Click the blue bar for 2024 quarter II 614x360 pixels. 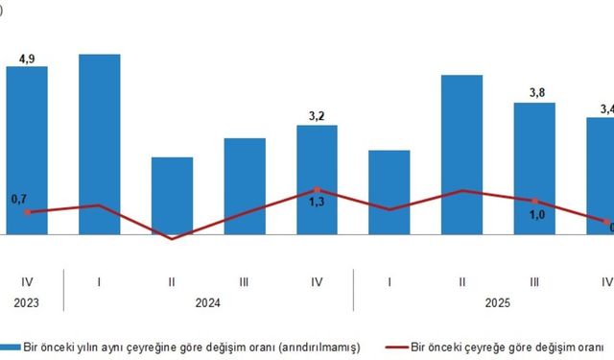172,196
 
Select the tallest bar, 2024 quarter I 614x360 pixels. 99,144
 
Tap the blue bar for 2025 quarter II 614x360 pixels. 462,155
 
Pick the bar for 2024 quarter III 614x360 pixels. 245,186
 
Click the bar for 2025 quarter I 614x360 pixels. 390,192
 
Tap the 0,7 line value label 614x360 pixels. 20,199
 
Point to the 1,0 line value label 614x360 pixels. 536,215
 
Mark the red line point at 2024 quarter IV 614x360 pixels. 318,190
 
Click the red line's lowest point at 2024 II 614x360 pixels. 172,238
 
